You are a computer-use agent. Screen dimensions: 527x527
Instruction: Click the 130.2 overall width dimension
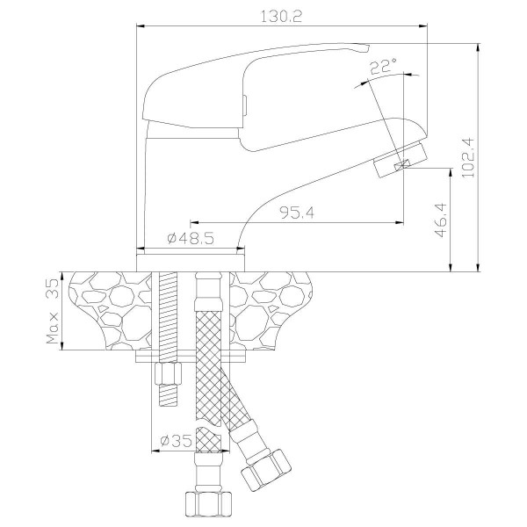[282, 16]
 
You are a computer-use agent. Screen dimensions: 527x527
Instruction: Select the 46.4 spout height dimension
[441, 220]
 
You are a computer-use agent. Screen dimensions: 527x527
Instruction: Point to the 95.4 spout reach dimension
[297, 213]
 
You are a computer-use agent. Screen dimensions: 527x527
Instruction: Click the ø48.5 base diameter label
[191, 239]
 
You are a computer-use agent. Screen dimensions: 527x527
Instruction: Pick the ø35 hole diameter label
[177, 440]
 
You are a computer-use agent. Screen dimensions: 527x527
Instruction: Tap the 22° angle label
[383, 67]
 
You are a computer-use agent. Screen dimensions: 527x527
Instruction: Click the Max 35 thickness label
[53, 311]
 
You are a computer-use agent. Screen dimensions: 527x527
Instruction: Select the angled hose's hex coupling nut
[265, 469]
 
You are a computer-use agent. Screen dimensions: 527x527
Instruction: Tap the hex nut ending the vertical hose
[208, 504]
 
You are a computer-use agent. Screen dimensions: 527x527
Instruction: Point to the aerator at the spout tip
[400, 160]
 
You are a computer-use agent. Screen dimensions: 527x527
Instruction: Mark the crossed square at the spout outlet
[403, 164]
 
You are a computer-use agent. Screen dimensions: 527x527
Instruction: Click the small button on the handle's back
[244, 105]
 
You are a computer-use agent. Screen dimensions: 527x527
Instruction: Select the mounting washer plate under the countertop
[191, 356]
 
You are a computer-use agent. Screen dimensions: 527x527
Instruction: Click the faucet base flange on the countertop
[191, 263]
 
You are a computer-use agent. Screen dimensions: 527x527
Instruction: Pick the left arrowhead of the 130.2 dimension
[141, 25]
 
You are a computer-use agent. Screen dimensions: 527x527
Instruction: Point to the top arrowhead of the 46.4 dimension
[450, 172]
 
